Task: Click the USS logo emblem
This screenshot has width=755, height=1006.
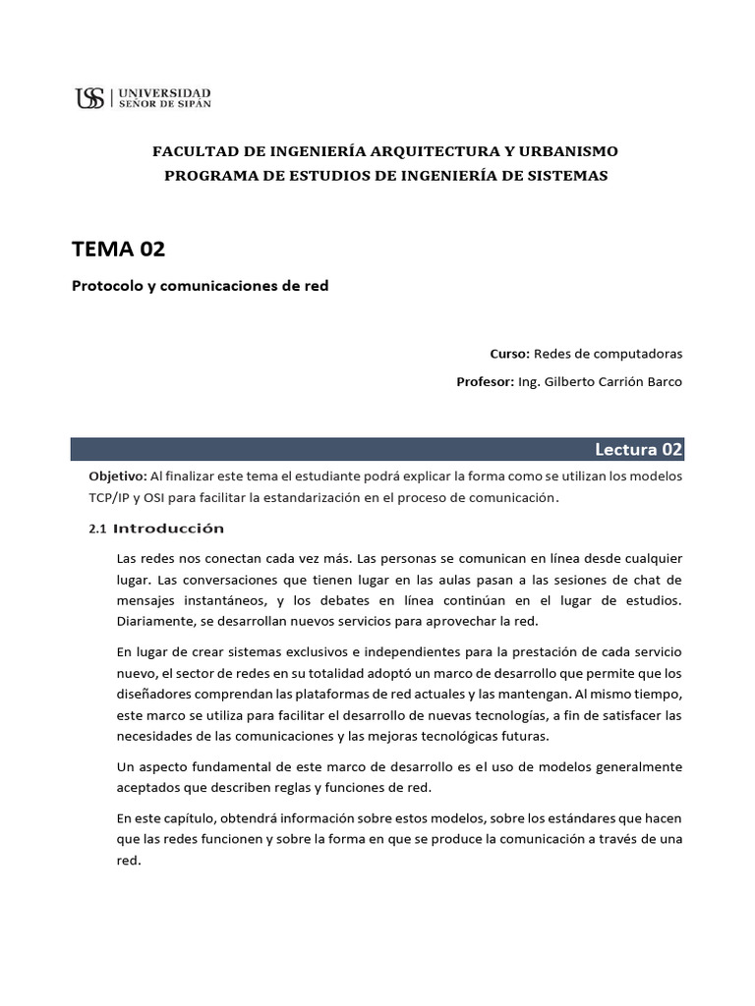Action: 89,97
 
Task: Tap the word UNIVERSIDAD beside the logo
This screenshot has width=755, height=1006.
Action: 163,91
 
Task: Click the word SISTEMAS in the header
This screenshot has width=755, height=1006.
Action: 567,175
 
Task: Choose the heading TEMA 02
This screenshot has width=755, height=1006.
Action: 118,249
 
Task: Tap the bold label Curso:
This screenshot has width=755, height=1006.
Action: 509,353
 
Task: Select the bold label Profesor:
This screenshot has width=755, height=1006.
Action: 485,381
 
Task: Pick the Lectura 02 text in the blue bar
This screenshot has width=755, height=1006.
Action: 637,449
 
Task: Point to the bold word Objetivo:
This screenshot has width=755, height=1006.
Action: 118,475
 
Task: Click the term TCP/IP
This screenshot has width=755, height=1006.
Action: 109,497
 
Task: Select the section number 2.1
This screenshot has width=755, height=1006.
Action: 96,529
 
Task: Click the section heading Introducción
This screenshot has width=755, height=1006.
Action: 169,529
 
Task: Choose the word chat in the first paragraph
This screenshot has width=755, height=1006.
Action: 642,579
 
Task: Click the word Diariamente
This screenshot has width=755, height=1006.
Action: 155,621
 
